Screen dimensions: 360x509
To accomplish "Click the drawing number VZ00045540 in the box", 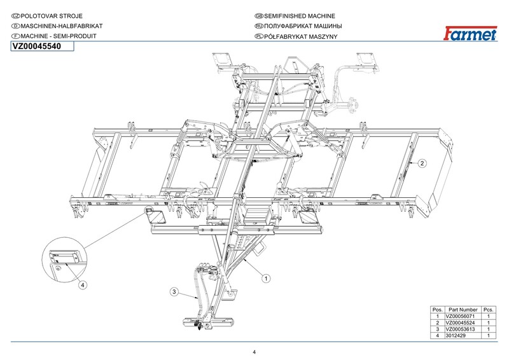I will click(37, 46).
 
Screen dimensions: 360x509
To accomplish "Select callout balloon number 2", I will click(422, 163).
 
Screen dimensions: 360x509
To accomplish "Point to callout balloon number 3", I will click(174, 291).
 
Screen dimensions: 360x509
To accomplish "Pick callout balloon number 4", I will click(83, 286).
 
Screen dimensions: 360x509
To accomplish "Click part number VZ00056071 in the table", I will click(463, 316).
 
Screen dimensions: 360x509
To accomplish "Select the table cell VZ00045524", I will click(463, 322).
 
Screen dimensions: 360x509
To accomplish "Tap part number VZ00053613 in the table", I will click(463, 329).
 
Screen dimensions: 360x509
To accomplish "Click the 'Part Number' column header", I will click(463, 309).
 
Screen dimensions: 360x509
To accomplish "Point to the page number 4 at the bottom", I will click(254, 352).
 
